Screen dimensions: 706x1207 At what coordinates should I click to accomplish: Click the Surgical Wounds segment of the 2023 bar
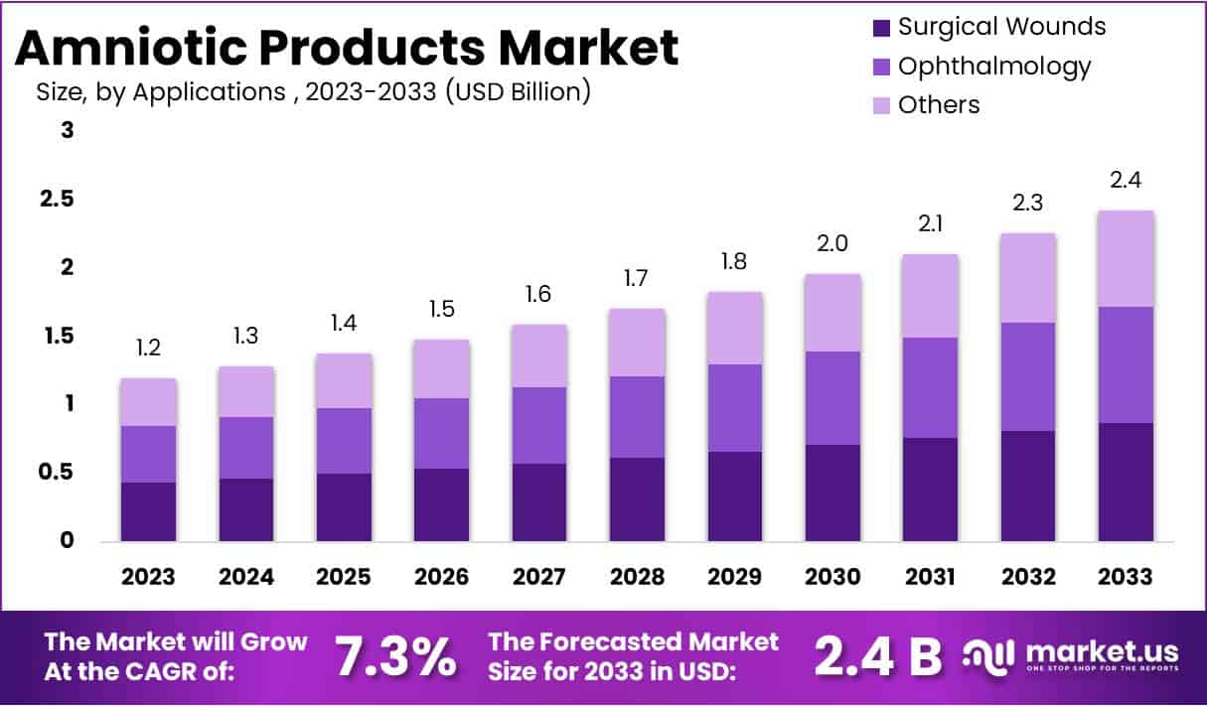click(148, 511)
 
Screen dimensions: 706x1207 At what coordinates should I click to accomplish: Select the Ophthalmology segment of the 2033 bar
click(1126, 364)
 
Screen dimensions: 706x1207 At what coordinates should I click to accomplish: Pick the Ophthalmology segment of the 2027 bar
click(539, 425)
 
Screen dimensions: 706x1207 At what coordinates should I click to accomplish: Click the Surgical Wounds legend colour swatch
click(880, 28)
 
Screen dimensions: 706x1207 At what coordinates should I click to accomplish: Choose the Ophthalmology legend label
click(993, 67)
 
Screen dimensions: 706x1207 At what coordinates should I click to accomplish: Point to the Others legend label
click(939, 104)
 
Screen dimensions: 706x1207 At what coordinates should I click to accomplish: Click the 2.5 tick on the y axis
click(58, 199)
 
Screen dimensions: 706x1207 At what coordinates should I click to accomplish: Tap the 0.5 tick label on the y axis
click(58, 472)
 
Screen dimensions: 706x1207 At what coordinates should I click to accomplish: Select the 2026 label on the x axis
click(441, 577)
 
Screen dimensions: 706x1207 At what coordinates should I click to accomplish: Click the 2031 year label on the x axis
click(930, 577)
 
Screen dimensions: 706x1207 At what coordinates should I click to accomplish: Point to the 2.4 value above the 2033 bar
click(1126, 181)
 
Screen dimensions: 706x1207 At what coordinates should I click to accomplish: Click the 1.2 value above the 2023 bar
click(148, 349)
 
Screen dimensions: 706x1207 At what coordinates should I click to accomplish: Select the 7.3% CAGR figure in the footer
click(394, 655)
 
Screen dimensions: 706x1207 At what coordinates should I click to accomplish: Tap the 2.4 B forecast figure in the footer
click(877, 655)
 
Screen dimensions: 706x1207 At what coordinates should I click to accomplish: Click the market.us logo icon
click(989, 655)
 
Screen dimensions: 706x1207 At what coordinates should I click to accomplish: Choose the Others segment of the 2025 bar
click(344, 380)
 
